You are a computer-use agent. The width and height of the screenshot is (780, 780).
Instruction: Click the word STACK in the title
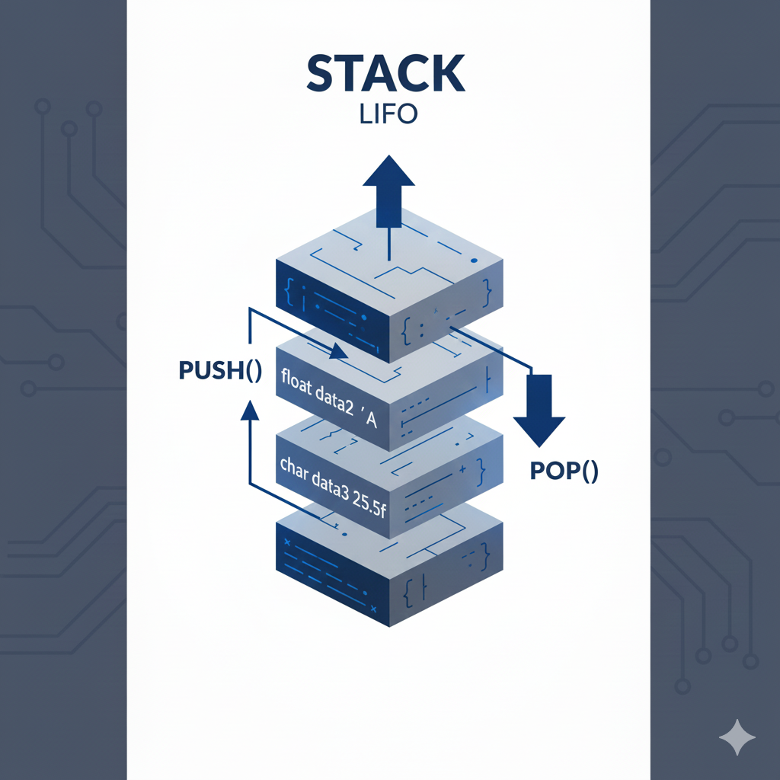point(385,75)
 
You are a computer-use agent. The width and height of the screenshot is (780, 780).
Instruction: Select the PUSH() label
point(219,371)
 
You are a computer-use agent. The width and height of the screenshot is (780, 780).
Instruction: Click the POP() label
point(564,472)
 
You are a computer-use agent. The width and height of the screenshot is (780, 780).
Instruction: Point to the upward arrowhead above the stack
point(388,172)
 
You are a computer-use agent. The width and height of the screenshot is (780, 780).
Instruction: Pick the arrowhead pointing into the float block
point(339,353)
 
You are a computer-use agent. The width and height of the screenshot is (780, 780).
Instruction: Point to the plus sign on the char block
point(462,468)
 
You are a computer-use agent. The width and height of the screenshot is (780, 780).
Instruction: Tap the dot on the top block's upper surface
point(474,261)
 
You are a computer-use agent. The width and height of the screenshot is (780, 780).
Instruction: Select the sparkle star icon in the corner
point(737,737)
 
